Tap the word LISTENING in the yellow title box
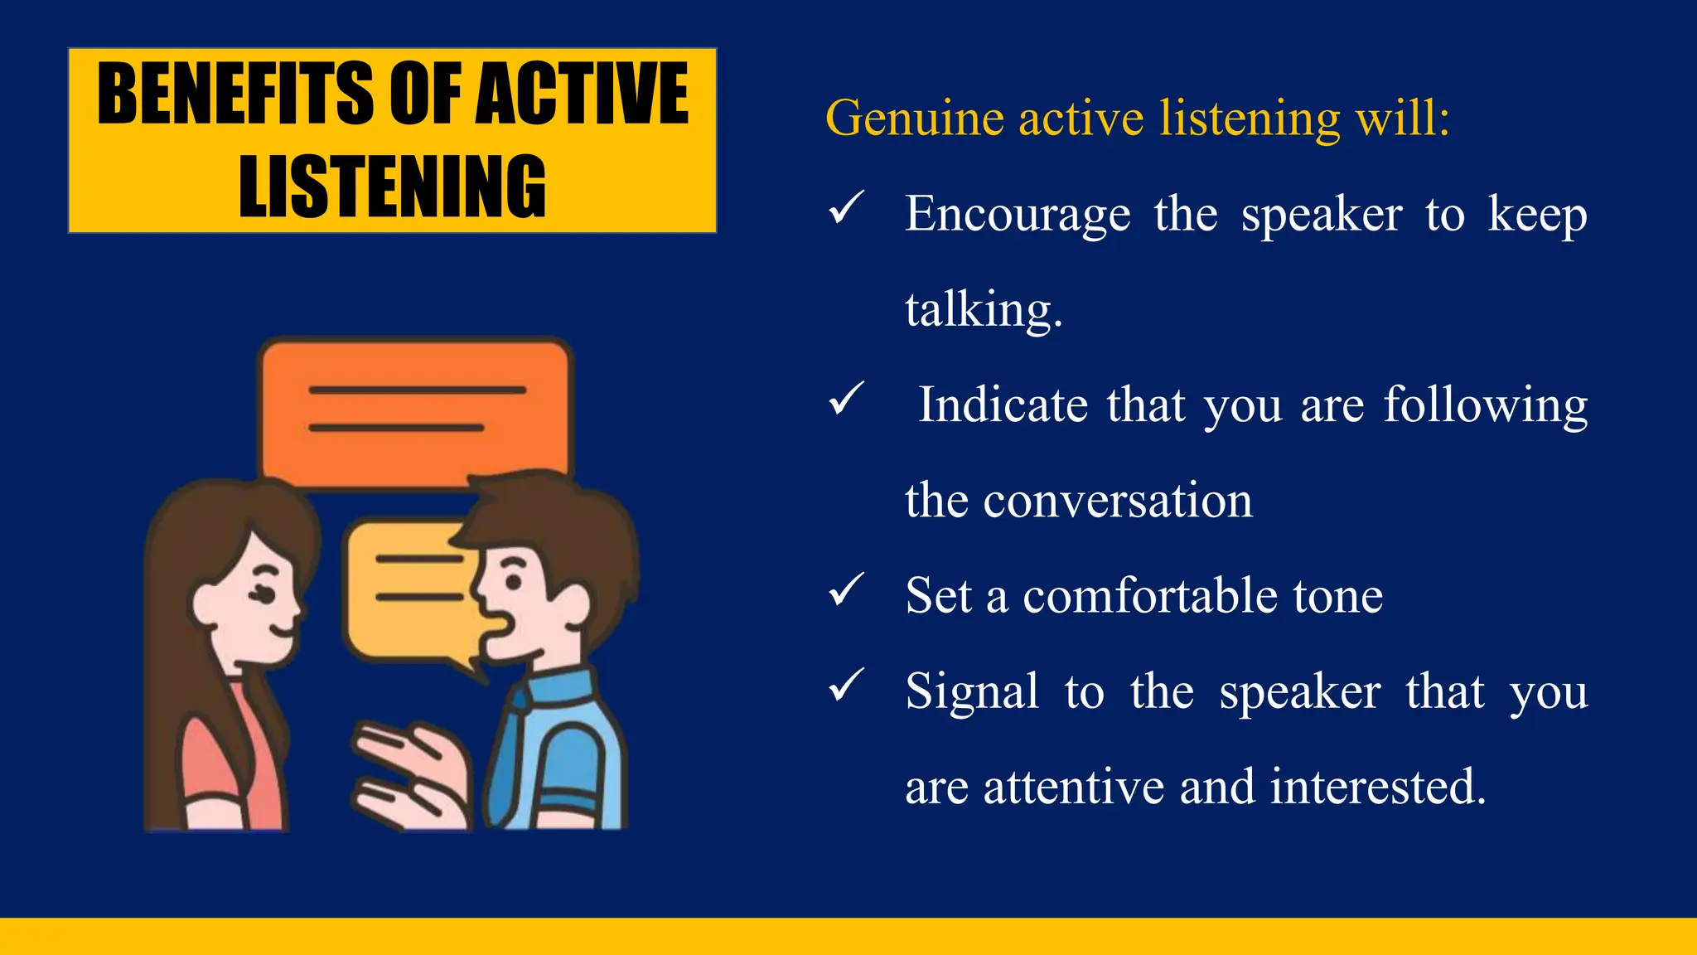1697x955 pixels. [x=392, y=187]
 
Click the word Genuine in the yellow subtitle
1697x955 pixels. [x=915, y=118]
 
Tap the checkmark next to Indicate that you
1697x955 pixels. [x=846, y=399]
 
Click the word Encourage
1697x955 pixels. [x=1018, y=214]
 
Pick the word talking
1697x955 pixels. [x=983, y=310]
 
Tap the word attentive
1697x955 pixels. [x=1074, y=787]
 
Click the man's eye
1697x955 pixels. [x=514, y=581]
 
